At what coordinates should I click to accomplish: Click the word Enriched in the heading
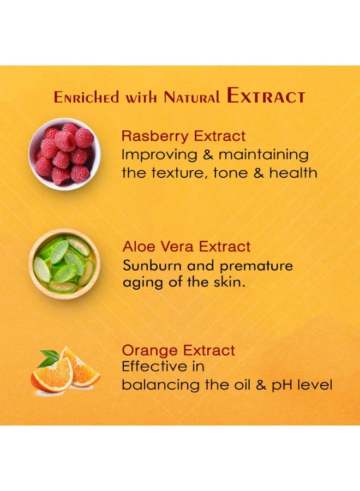(x=87, y=97)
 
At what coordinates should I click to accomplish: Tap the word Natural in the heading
(x=191, y=97)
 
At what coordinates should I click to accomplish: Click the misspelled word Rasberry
(x=155, y=136)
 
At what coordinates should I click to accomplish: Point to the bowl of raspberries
(x=64, y=154)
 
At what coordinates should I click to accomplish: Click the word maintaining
(x=263, y=155)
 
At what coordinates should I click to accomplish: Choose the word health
(x=293, y=172)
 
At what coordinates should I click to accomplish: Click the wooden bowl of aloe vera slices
(x=64, y=264)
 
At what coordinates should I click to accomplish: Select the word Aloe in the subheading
(x=139, y=247)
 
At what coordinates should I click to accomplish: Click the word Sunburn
(x=152, y=266)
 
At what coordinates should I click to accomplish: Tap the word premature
(x=256, y=266)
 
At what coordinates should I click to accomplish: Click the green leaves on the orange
(x=49, y=358)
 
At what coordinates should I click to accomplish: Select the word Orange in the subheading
(x=150, y=351)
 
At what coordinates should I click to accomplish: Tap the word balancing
(x=160, y=385)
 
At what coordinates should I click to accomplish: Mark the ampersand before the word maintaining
(x=208, y=155)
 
